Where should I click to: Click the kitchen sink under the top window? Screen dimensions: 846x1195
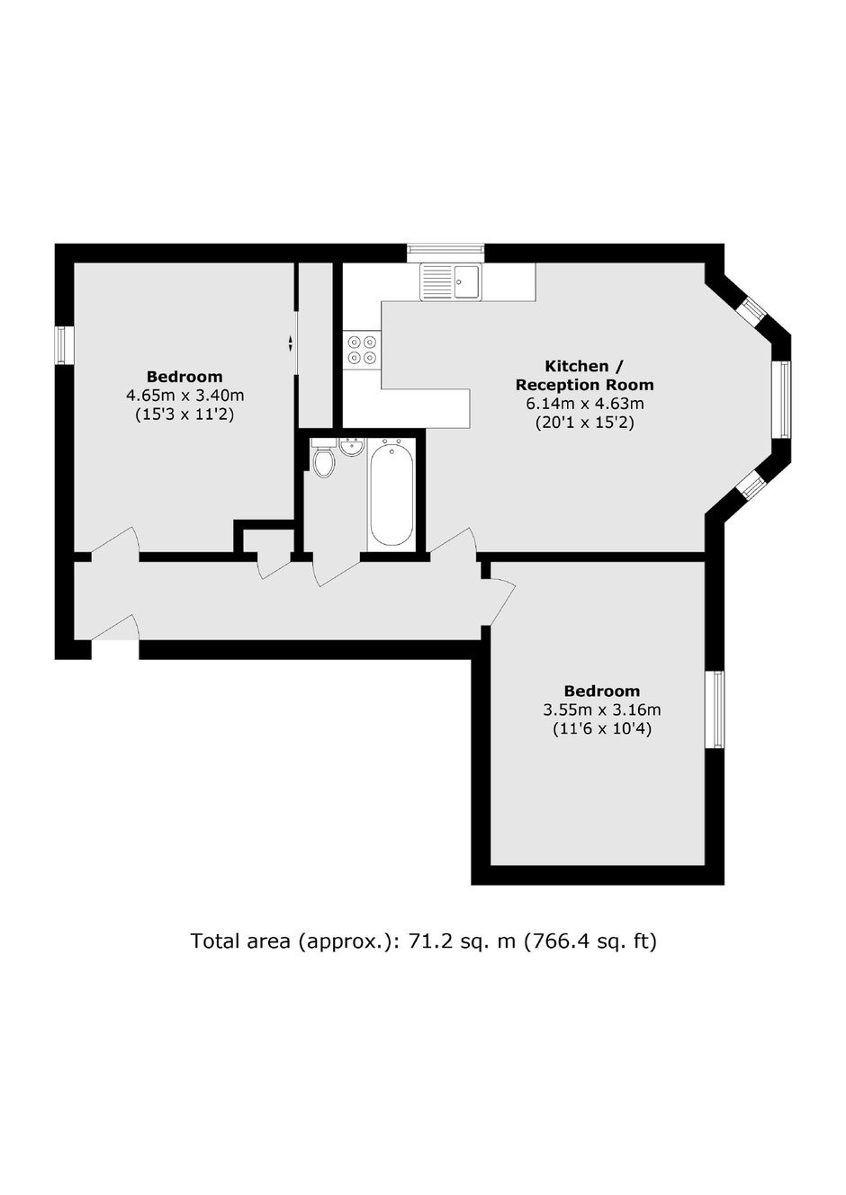coord(451,281)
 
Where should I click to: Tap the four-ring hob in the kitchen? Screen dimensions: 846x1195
coord(363,349)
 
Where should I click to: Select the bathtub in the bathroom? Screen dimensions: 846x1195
coord(391,495)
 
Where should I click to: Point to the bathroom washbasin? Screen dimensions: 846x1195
coord(351,447)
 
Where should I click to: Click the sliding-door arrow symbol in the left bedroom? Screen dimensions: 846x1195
coord(291,343)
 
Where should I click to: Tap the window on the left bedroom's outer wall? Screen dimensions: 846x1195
coord(65,345)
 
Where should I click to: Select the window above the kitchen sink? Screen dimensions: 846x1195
coord(445,253)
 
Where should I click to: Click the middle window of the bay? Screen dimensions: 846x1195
coord(781,400)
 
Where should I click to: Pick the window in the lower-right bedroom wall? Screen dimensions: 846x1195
coord(715,709)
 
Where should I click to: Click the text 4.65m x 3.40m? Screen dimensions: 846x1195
coord(185,396)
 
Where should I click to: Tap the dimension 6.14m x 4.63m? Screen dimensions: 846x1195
coord(585,404)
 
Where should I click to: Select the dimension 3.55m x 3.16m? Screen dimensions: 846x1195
coord(602,709)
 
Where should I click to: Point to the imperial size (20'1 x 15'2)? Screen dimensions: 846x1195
coord(585,423)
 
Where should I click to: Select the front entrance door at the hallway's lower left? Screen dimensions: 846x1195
coord(115,628)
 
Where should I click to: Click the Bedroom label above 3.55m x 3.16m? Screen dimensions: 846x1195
coord(602,691)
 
